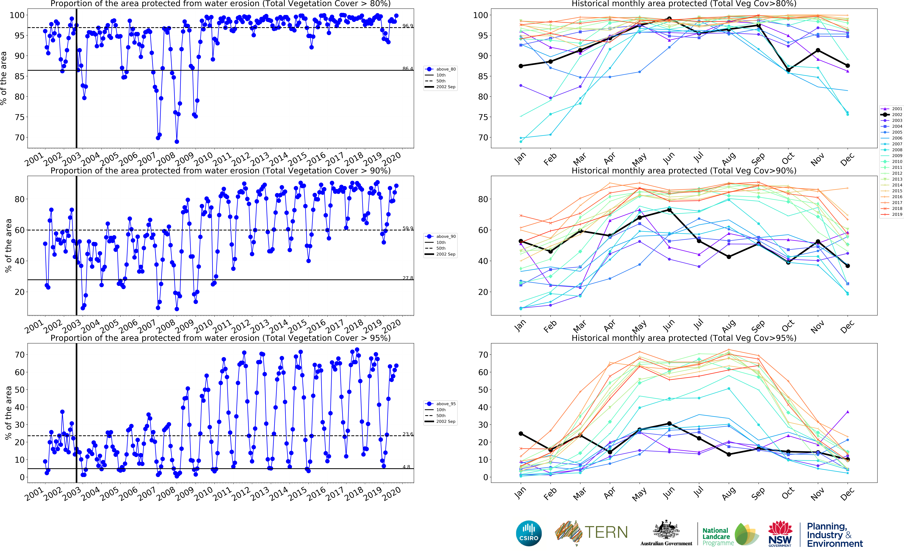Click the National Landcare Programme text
tap(716, 536)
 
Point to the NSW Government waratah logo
tap(780, 532)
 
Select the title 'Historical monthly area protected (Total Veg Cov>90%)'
tap(684, 171)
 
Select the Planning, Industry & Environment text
tap(834, 535)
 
